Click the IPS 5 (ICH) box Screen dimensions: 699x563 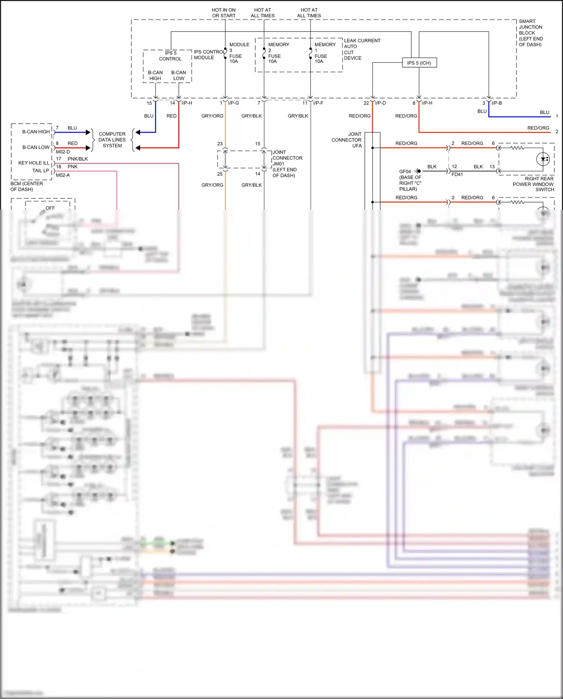coord(419,63)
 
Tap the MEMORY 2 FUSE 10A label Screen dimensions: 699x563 coord(278,53)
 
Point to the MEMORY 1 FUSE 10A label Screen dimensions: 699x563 coord(324,53)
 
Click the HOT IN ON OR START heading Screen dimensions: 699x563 coord(224,13)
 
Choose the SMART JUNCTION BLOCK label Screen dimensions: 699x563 coord(530,33)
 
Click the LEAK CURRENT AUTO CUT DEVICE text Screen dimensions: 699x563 coord(361,49)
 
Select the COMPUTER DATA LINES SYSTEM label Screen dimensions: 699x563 coord(112,140)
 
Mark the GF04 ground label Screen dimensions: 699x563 coord(405,172)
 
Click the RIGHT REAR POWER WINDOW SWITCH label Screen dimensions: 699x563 coord(533,184)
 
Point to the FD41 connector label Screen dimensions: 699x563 coord(457,175)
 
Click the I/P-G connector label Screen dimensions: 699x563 coord(233,103)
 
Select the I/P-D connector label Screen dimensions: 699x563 coord(380,103)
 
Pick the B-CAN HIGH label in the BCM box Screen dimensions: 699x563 coord(36,132)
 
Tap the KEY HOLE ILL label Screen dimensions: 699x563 coord(34,163)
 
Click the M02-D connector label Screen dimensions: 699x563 coord(63,152)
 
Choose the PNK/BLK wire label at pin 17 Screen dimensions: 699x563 coord(78,159)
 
